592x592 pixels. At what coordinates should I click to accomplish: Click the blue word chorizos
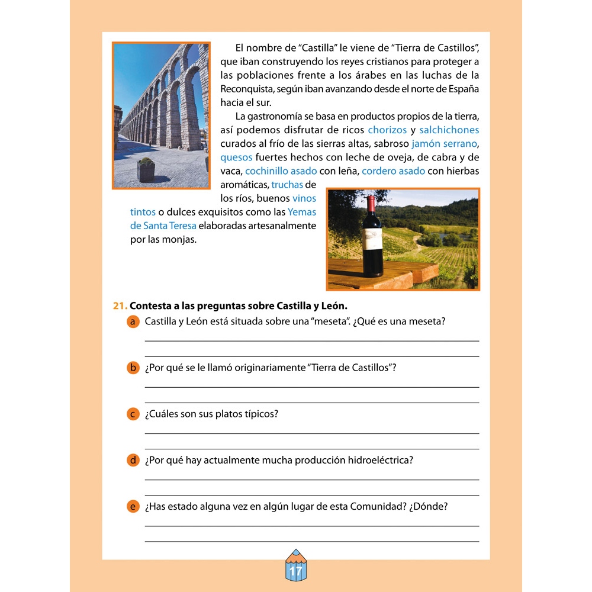[x=387, y=130]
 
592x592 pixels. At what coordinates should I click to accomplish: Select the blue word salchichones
[x=449, y=130]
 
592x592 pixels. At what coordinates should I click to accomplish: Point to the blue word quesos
[x=236, y=157]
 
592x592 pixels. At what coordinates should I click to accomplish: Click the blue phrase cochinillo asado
[x=281, y=171]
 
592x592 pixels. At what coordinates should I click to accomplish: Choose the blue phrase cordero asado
[x=393, y=171]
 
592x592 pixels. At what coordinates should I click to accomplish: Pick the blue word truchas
[x=287, y=185]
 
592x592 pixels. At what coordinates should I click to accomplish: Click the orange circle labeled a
[x=133, y=321]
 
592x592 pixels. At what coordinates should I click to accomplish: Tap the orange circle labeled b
[x=133, y=368]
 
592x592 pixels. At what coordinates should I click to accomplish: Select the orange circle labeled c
[x=133, y=414]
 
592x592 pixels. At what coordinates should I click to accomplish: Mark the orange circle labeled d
[x=133, y=460]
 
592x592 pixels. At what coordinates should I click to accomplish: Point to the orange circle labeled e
[x=133, y=506]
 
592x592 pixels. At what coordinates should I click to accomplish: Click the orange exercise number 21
[x=120, y=306]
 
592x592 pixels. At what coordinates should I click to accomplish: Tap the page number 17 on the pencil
[x=296, y=572]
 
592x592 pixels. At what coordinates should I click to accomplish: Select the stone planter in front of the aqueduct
[x=146, y=170]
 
